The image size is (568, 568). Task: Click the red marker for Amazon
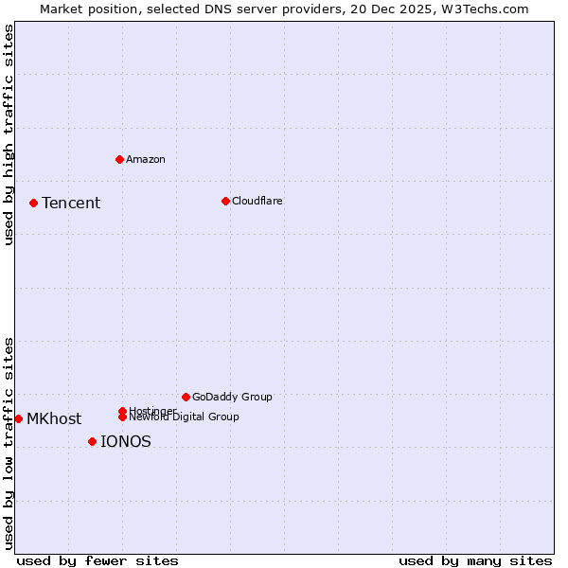pyautogui.click(x=119, y=159)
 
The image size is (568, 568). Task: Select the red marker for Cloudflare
pyautogui.click(x=225, y=201)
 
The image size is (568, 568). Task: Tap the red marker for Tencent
pyautogui.click(x=33, y=203)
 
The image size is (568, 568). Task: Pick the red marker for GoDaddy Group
pyautogui.click(x=186, y=397)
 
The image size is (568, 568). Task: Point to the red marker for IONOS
pyautogui.click(x=92, y=441)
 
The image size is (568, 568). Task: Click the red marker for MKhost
pyautogui.click(x=18, y=418)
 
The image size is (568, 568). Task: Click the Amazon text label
pyautogui.click(x=146, y=159)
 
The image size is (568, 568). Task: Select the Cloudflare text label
pyautogui.click(x=257, y=201)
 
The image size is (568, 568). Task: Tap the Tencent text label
pyautogui.click(x=71, y=203)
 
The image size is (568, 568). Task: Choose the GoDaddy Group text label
pyautogui.click(x=232, y=397)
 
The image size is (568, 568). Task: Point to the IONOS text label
pyautogui.click(x=126, y=441)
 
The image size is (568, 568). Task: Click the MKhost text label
pyautogui.click(x=54, y=418)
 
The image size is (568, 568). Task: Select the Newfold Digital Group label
pyautogui.click(x=186, y=417)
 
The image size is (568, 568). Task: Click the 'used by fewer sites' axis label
pyautogui.click(x=98, y=560)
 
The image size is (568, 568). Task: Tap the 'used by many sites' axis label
pyautogui.click(x=475, y=560)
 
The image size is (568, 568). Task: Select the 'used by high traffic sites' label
pyautogui.click(x=9, y=134)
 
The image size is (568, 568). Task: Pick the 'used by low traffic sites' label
pyautogui.click(x=9, y=443)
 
